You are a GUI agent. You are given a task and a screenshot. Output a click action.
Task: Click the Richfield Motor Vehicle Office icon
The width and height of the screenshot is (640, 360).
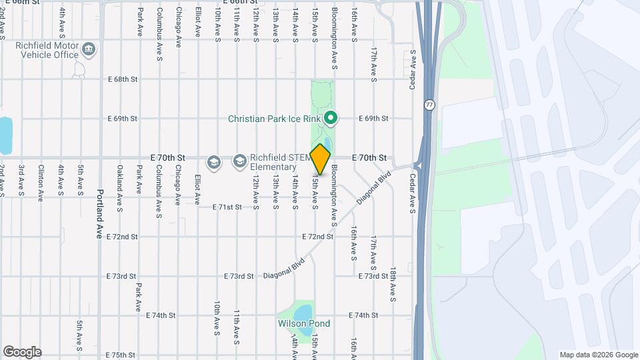(x=89, y=49)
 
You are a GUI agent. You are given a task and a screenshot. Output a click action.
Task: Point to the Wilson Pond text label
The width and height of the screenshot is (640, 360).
(x=304, y=324)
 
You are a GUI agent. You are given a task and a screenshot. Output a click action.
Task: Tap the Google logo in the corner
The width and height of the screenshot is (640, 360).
(x=22, y=352)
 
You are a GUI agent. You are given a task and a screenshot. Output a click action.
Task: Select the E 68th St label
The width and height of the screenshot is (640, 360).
(x=123, y=79)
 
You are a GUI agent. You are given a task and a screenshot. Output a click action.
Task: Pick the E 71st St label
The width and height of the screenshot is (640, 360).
(x=227, y=207)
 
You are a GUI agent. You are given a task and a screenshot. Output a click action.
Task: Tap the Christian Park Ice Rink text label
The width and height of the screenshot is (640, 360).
(x=273, y=119)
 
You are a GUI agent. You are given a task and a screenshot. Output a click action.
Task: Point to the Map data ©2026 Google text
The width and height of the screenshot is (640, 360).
(x=599, y=355)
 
